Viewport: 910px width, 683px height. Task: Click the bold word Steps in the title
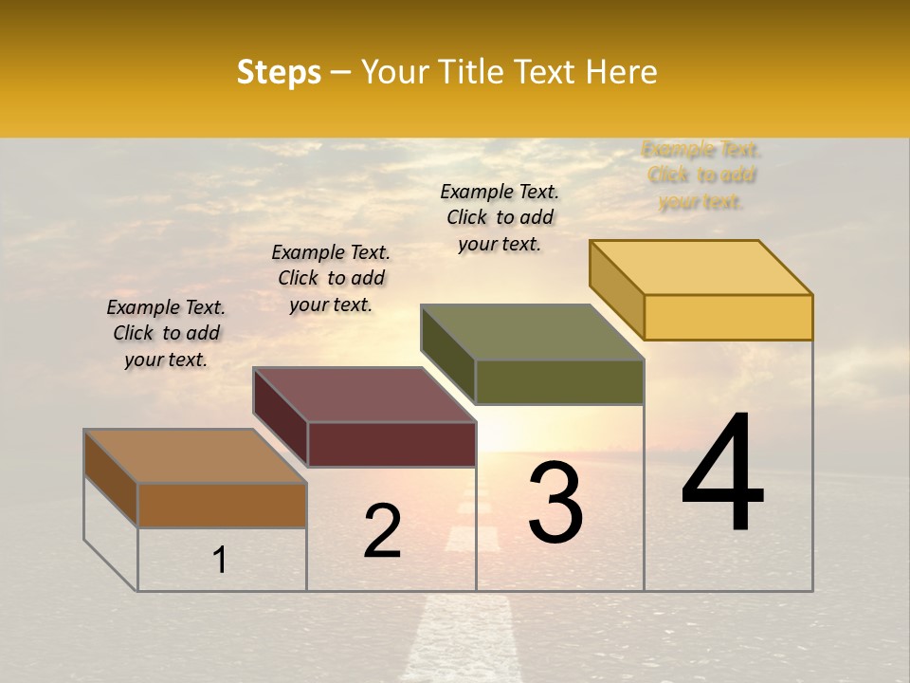pyautogui.click(x=279, y=72)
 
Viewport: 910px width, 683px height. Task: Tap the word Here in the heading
pyautogui.click(x=622, y=72)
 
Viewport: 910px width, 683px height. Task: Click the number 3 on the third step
pyautogui.click(x=555, y=504)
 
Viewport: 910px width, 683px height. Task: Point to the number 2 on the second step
pyautogui.click(x=382, y=531)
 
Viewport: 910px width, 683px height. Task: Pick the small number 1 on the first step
pyautogui.click(x=220, y=560)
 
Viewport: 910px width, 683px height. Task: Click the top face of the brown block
pyautogui.click(x=195, y=455)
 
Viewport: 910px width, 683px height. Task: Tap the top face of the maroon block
pyautogui.click(x=365, y=394)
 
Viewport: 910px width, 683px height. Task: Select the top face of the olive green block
pyautogui.click(x=533, y=332)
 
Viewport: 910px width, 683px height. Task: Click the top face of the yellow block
pyautogui.click(x=701, y=267)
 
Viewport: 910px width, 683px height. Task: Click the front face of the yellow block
pyautogui.click(x=728, y=317)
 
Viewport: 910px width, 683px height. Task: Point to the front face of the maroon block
pyautogui.click(x=391, y=444)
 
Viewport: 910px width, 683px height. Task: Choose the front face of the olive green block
pyautogui.click(x=559, y=381)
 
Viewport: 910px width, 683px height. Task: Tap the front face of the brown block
pyautogui.click(x=222, y=505)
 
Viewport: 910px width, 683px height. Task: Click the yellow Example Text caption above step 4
pyautogui.click(x=701, y=175)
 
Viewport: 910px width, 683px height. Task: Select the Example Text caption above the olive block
pyautogui.click(x=500, y=218)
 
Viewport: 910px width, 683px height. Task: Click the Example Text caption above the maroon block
pyautogui.click(x=331, y=279)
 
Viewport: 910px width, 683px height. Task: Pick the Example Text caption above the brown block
pyautogui.click(x=166, y=333)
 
